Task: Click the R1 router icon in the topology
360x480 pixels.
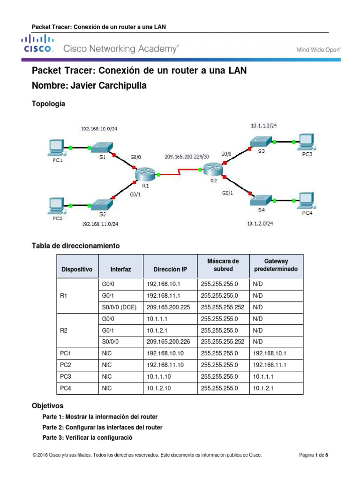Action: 145,174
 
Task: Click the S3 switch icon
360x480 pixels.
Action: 261,141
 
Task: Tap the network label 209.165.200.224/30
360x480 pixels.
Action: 187,156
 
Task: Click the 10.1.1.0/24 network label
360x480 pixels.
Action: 263,126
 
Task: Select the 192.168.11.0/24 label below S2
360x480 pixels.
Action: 100,224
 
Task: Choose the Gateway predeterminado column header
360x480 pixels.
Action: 276,265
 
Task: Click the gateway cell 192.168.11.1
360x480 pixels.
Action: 269,365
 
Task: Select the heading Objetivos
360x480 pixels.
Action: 47,405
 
